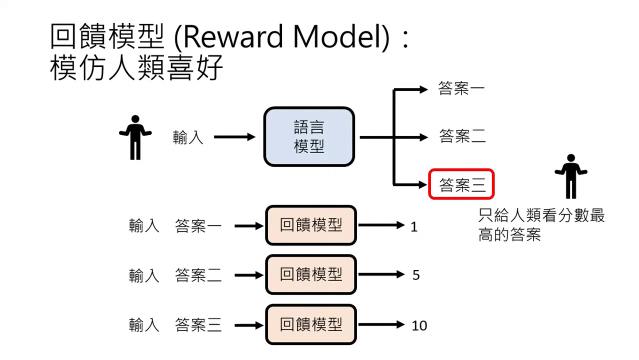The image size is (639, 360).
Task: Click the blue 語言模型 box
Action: [x=309, y=136]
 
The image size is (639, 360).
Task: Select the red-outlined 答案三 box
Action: [x=461, y=184]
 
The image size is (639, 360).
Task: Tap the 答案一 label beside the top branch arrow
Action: [x=461, y=89]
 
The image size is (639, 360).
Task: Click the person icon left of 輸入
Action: [x=135, y=137]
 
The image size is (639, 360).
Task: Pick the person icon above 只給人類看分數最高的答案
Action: [x=570, y=176]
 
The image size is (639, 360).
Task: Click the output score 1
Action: [x=414, y=227]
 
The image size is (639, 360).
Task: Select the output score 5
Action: [x=416, y=275]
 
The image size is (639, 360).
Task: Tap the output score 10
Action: [x=419, y=326]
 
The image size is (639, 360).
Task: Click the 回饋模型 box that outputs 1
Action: [x=311, y=225]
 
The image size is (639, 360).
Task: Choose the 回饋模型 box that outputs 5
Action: [x=311, y=274]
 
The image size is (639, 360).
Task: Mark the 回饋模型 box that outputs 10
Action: [x=311, y=324]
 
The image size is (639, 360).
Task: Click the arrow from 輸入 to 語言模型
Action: [x=234, y=137]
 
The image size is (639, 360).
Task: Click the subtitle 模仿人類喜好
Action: [x=136, y=68]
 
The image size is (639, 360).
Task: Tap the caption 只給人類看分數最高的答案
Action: [x=541, y=225]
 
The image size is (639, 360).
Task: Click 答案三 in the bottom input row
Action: [x=198, y=325]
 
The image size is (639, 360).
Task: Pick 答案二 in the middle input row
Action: [x=198, y=275]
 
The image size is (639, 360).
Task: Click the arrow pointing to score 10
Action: [x=381, y=325]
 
